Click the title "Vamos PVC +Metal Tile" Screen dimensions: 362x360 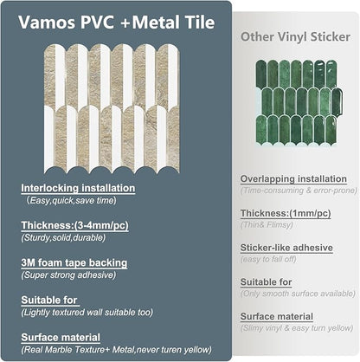click(119, 23)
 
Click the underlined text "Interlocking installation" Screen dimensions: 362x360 click(79, 187)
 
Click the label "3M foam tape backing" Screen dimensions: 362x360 click(75, 262)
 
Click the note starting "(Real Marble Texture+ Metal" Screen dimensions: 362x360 click(117, 349)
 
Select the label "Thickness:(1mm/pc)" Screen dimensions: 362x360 click(283, 213)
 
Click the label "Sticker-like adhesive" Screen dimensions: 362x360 click(286, 248)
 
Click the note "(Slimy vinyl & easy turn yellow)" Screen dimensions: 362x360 click(296, 328)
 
